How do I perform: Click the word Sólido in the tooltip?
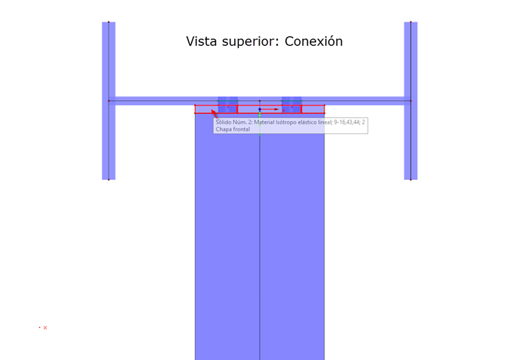click(224, 122)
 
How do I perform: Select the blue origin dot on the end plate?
click(260, 109)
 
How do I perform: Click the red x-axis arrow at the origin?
click(275, 109)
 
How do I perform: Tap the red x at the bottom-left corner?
click(45, 327)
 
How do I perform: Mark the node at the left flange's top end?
click(109, 22)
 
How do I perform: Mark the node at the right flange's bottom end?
click(411, 179)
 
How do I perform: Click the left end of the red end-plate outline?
click(195, 109)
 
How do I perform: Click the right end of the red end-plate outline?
click(324, 109)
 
